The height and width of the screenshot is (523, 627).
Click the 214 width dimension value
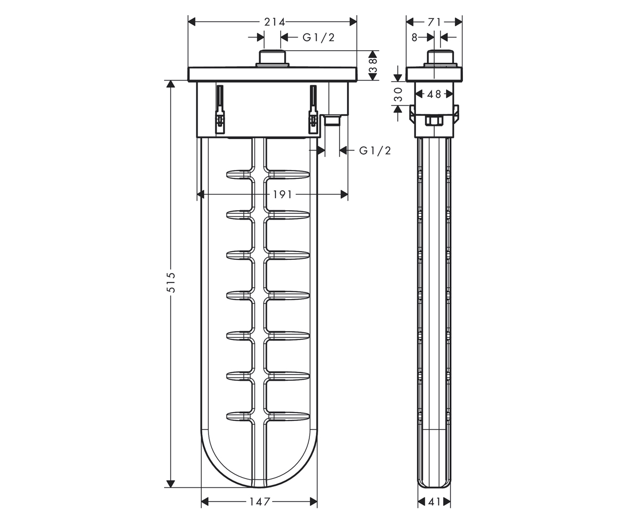click(274, 22)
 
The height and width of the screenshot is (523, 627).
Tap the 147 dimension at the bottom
click(260, 502)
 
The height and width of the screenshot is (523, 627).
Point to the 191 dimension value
click(282, 195)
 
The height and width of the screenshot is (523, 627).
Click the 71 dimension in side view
click(435, 22)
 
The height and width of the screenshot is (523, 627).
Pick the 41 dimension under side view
click(434, 502)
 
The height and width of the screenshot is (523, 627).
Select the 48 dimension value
click(434, 94)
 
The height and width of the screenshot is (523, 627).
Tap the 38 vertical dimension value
click(373, 65)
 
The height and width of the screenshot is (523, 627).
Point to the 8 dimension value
click(414, 38)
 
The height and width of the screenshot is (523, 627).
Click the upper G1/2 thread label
click(319, 38)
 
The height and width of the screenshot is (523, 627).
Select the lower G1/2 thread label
click(375, 151)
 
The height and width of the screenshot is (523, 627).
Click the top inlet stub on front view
click(272, 58)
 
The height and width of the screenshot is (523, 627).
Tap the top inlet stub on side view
click(440, 58)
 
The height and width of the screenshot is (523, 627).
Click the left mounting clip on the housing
click(220, 109)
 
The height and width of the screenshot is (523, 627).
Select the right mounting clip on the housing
click(313, 109)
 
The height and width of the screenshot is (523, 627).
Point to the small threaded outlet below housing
click(332, 120)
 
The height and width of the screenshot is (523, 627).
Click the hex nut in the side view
click(434, 120)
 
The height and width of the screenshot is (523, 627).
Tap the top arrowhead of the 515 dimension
click(170, 84)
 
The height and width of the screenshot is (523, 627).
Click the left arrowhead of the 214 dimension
click(192, 22)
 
